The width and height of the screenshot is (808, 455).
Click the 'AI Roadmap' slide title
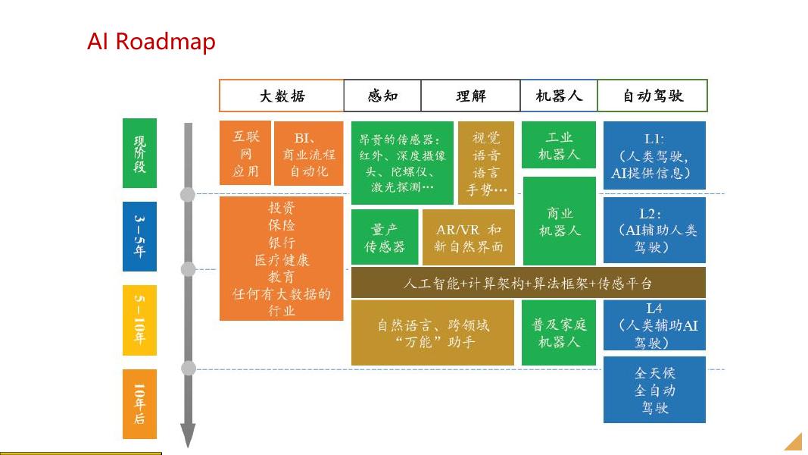(151, 41)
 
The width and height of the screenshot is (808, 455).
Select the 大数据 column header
(282, 96)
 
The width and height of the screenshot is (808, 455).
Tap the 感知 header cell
(382, 96)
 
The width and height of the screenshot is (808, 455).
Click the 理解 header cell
(470, 96)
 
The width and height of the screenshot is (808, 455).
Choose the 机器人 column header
(559, 96)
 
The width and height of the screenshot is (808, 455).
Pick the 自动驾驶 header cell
(653, 96)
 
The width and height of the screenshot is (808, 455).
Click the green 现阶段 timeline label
(139, 153)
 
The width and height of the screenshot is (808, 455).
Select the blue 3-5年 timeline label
(139, 236)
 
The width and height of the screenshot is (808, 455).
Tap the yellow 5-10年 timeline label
(139, 320)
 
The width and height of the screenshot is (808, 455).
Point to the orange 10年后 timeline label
(139, 403)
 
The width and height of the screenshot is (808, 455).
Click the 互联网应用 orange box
(245, 153)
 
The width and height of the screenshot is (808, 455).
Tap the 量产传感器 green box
(385, 237)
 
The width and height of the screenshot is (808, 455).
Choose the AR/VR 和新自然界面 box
(467, 237)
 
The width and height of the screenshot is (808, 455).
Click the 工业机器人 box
(559, 146)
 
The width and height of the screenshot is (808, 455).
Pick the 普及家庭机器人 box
(559, 333)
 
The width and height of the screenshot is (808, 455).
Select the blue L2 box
(654, 230)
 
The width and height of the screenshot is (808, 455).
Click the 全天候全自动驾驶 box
(654, 390)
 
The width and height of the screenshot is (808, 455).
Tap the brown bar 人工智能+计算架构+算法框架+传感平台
(528, 283)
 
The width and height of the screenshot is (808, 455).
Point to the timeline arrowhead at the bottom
(188, 436)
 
